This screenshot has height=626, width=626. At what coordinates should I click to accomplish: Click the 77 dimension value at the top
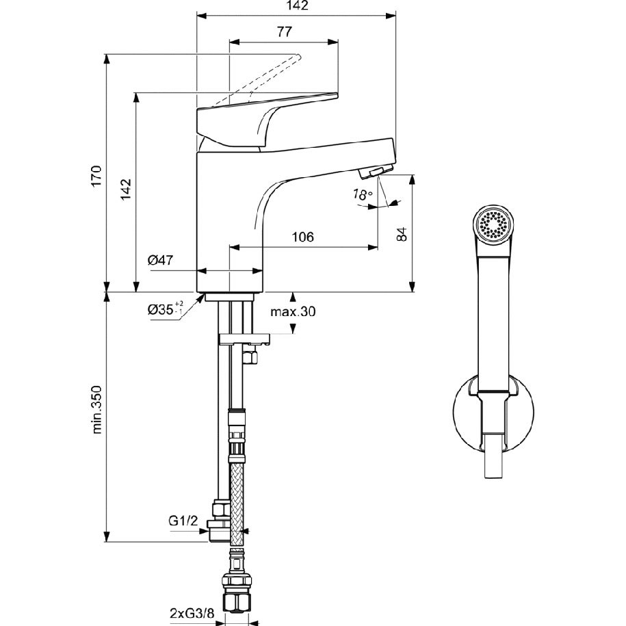pyautogui.click(x=284, y=31)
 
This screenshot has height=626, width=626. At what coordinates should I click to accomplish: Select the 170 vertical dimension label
pyautogui.click(x=96, y=175)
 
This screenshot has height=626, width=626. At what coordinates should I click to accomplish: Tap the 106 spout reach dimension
pyautogui.click(x=302, y=237)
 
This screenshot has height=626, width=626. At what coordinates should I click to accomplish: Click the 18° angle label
pyautogui.click(x=362, y=194)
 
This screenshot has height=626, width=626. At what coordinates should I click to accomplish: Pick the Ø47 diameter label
pyautogui.click(x=160, y=260)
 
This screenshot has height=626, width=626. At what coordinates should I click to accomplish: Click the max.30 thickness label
pyautogui.click(x=293, y=311)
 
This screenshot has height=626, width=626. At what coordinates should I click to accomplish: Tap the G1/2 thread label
pyautogui.click(x=183, y=521)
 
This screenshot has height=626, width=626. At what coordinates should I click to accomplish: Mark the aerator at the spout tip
pyautogui.click(x=371, y=172)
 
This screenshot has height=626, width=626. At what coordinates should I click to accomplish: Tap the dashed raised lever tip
pyautogui.click(x=298, y=57)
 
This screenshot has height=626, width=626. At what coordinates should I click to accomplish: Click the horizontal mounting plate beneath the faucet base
pyautogui.click(x=244, y=339)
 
